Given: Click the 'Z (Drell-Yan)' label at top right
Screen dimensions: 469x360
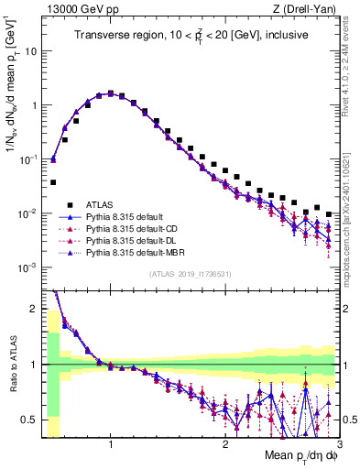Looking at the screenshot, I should [x=309, y=8].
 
